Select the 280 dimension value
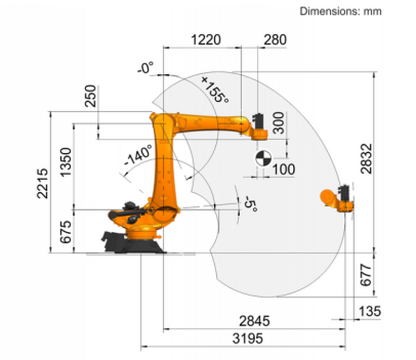pyautogui.click(x=275, y=40)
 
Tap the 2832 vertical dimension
pyautogui.click(x=367, y=158)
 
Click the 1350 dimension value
pyautogui.click(x=66, y=162)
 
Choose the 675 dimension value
pyautogui.click(x=66, y=232)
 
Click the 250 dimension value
pyautogui.click(x=90, y=97)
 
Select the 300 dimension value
pyautogui.click(x=279, y=123)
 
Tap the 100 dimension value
pyautogui.click(x=284, y=169)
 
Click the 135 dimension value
pyautogui.click(x=369, y=312)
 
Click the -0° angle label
pyautogui.click(x=146, y=68)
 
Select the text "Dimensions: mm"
pyautogui.click(x=341, y=11)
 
